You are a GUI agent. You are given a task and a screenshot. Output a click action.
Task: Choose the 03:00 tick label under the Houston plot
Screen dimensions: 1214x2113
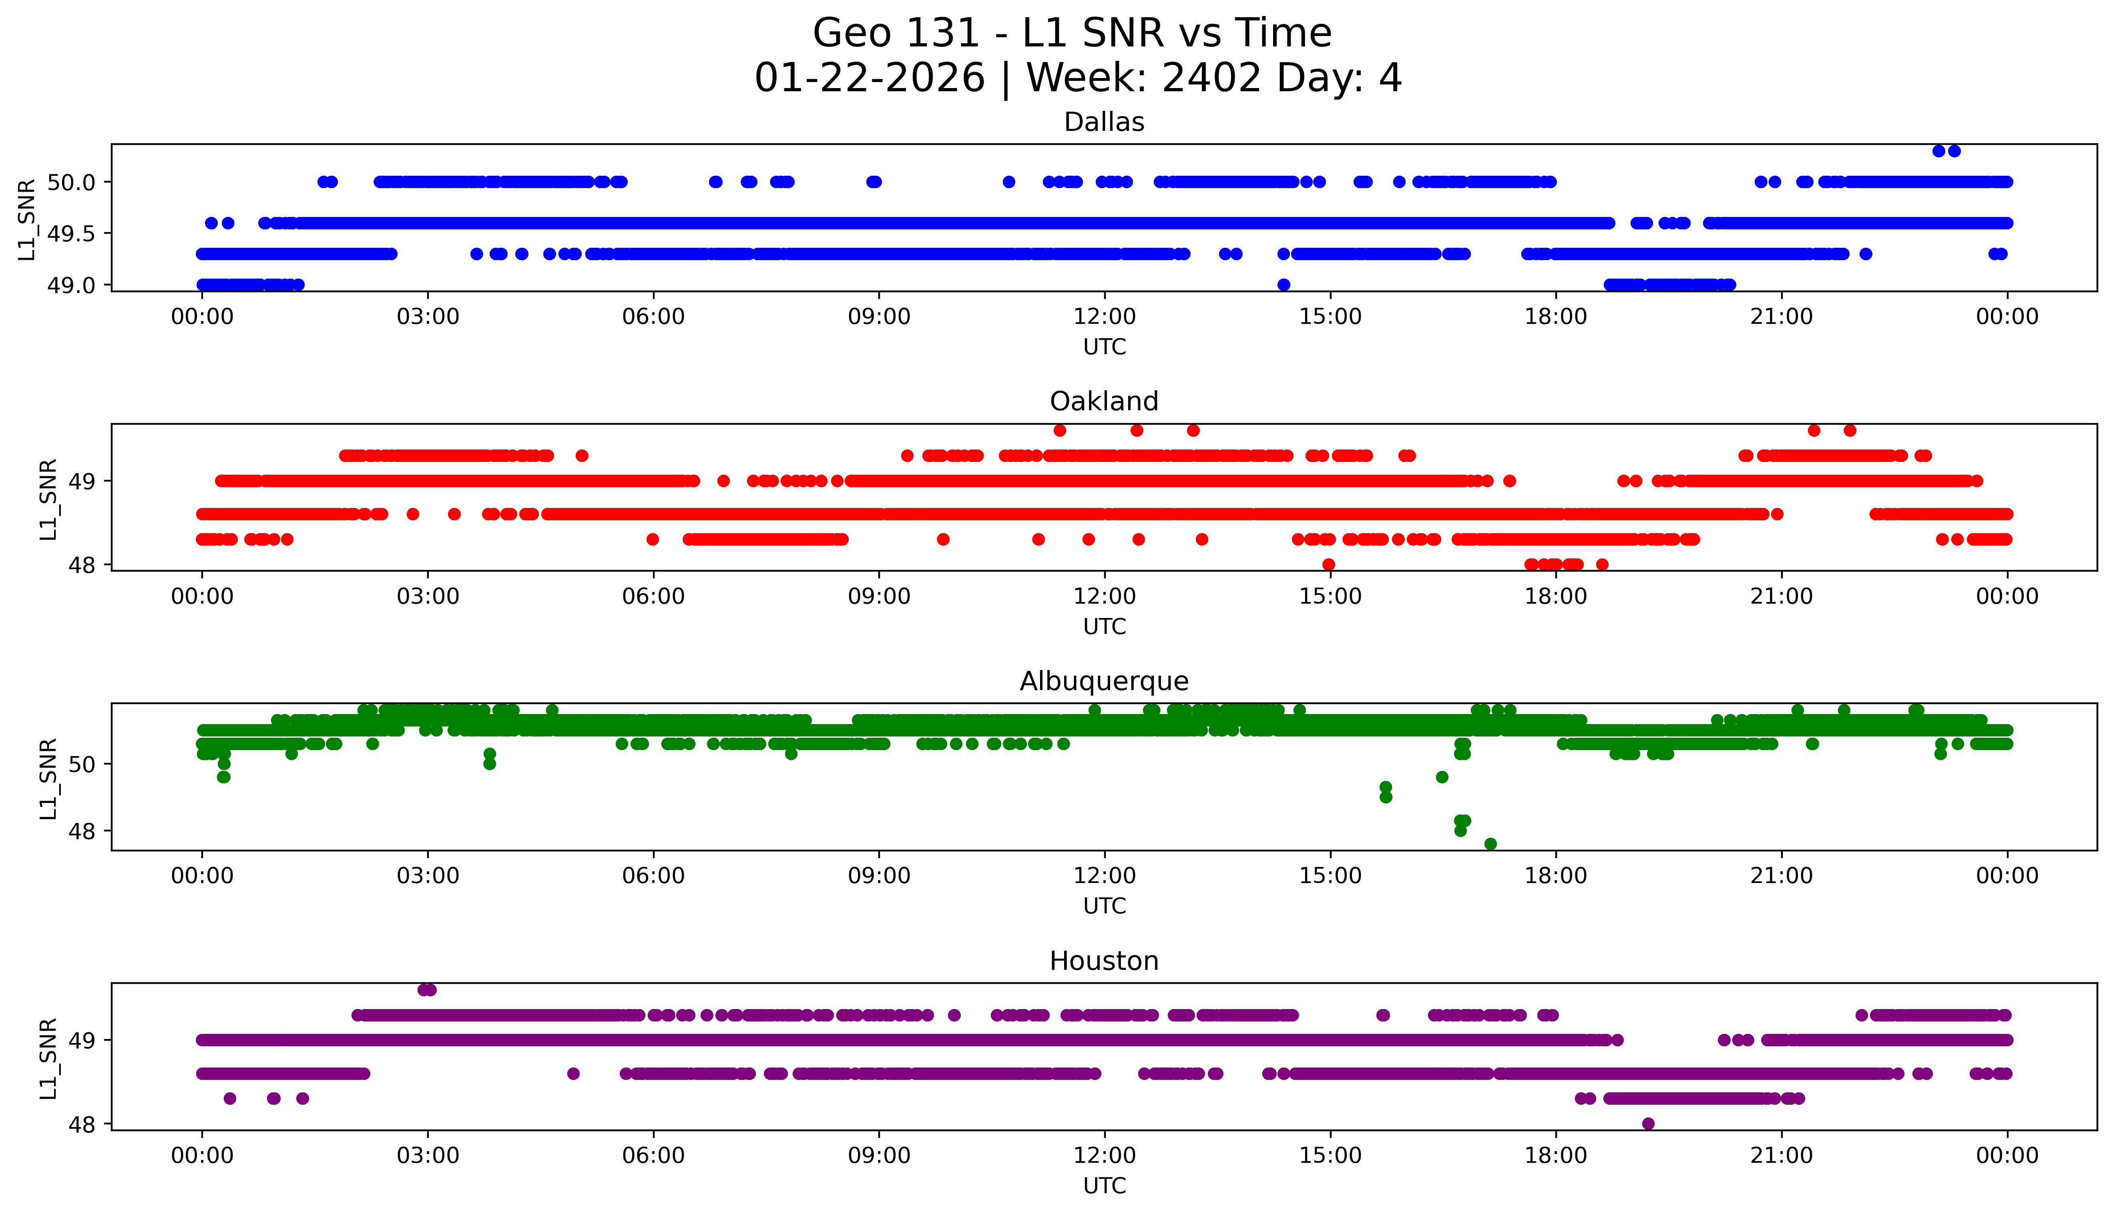428,1156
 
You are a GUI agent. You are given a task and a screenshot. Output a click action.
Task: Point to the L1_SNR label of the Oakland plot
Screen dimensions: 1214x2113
48,499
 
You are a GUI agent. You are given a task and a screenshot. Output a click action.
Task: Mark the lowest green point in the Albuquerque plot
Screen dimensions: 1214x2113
1490,844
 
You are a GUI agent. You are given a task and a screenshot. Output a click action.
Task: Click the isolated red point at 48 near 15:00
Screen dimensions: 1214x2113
1328,564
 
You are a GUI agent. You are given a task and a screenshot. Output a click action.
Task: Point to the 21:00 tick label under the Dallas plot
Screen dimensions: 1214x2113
1781,317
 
